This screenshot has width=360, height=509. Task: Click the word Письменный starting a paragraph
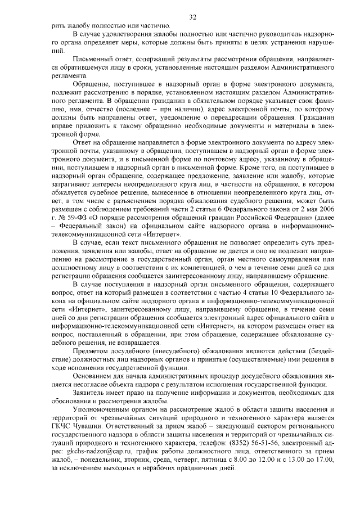tap(92, 59)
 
